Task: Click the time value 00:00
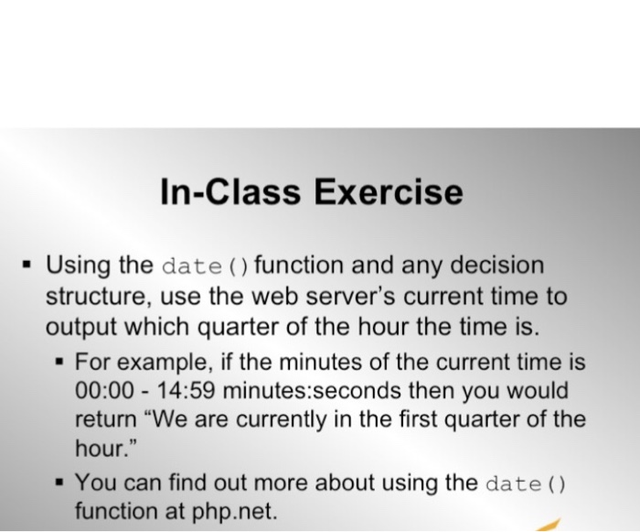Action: (102, 391)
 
